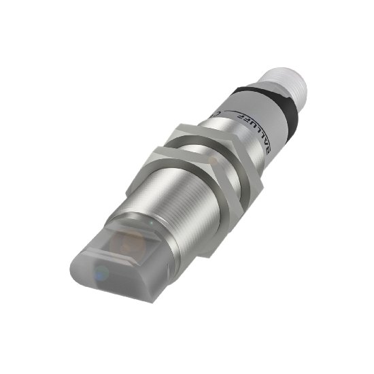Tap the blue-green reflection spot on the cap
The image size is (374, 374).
coord(102,274)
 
